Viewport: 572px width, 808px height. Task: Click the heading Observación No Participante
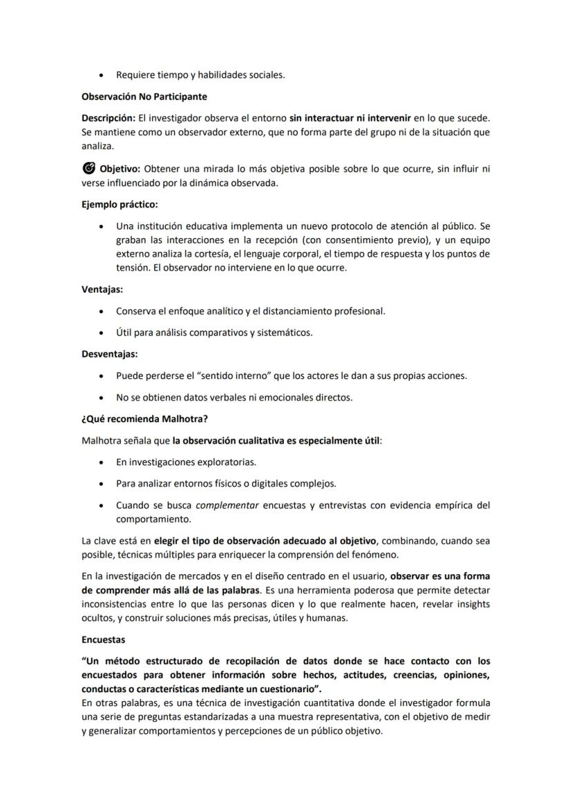144,97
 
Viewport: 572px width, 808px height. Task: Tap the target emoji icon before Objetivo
88,168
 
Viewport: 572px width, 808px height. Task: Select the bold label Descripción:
106,118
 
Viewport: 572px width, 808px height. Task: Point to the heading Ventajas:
102,290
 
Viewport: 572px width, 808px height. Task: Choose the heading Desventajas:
110,354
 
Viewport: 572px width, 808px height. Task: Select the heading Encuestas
103,640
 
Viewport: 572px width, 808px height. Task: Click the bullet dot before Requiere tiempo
102,75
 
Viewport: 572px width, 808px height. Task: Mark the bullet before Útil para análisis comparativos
102,333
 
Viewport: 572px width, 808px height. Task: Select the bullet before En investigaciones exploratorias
102,462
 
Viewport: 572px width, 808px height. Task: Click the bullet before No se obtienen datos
102,398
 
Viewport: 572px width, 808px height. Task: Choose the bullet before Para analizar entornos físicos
102,484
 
